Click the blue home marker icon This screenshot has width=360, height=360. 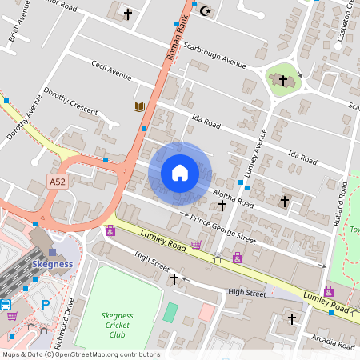click(180, 173)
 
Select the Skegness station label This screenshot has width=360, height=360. click(52, 264)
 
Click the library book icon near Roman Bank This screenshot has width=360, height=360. click(139, 106)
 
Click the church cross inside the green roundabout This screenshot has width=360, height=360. click(282, 80)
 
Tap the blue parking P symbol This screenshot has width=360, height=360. click(45, 304)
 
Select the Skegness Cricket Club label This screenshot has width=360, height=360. click(117, 325)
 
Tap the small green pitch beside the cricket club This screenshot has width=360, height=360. click(170, 312)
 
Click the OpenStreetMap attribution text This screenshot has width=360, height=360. click(80, 354)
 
